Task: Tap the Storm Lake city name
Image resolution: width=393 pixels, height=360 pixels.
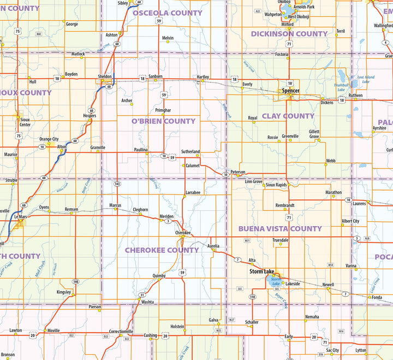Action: pos(262,272)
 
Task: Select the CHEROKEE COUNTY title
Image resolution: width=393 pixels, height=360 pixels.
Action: pos(162,250)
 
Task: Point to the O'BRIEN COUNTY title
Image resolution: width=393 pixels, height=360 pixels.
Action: pos(163,121)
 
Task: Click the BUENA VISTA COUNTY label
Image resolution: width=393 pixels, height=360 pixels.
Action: pos(280,229)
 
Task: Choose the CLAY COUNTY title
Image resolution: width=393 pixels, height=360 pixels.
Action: pos(288,116)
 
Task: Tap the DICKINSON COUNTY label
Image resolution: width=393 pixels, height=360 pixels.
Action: pos(289,34)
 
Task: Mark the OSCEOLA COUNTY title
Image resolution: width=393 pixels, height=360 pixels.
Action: pos(168,13)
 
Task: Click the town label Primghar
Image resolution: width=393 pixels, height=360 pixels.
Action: pos(163,110)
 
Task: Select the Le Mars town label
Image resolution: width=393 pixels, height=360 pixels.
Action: pos(20,217)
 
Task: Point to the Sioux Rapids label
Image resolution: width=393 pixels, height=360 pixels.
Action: pos(276,185)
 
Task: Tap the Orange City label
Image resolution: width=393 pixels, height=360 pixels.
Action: pos(49,139)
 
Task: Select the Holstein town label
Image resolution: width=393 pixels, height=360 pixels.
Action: pos(177,326)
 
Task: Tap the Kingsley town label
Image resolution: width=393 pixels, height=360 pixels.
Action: pos(63,292)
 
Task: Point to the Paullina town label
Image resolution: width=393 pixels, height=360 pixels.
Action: pos(141,150)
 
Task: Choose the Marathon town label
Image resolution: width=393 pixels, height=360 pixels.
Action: pos(334,192)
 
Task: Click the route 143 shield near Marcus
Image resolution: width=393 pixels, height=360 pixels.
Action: pos(117,184)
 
